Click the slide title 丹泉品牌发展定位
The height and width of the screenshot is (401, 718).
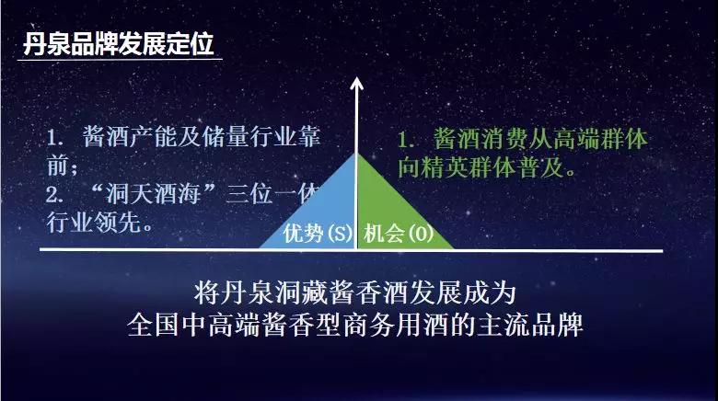(118, 44)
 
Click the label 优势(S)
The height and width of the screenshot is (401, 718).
(318, 234)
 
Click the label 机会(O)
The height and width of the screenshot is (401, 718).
(399, 234)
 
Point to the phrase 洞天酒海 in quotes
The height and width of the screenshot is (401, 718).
(154, 194)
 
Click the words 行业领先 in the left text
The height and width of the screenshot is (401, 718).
(94, 223)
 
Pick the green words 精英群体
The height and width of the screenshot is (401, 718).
(469, 167)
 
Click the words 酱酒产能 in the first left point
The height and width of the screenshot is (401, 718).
(130, 136)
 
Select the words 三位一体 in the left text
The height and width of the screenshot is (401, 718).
(272, 194)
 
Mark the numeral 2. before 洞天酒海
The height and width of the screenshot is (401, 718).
(54, 195)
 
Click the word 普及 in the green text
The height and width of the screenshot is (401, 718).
(541, 167)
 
